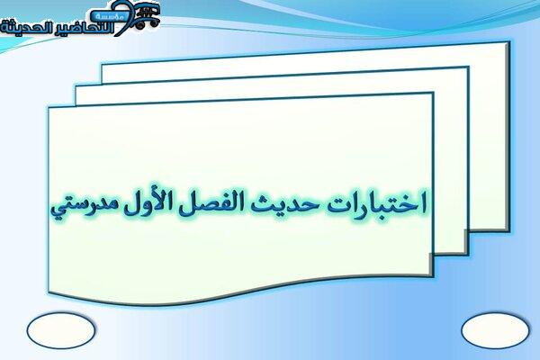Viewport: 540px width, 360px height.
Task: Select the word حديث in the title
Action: click(284, 203)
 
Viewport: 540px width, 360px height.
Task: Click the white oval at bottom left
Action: click(61, 330)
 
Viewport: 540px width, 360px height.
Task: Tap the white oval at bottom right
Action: click(495, 330)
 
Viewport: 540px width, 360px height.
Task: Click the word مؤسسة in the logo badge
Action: click(110, 16)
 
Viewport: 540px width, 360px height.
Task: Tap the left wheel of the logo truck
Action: click(139, 24)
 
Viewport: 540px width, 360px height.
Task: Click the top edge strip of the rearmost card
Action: click(306, 52)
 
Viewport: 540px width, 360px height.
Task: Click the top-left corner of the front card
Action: click(49, 107)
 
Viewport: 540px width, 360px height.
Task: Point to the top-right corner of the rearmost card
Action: click(509, 42)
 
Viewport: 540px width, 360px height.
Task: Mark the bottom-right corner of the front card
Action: click(433, 275)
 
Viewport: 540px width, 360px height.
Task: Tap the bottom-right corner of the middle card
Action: click(468, 255)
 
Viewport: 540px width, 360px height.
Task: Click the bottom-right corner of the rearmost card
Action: click(509, 230)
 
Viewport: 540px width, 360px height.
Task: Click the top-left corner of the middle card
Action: click(76, 87)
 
